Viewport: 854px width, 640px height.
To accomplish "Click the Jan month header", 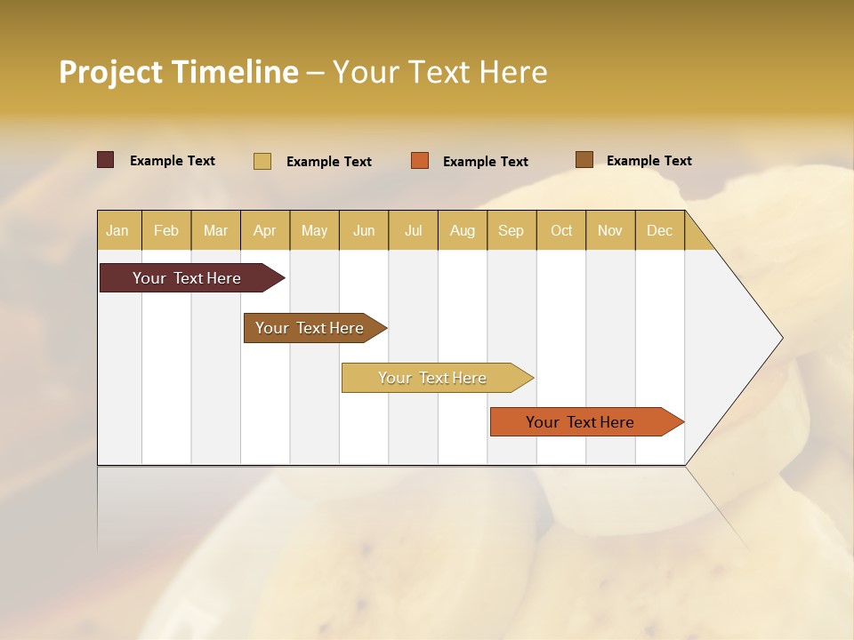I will pyautogui.click(x=118, y=230).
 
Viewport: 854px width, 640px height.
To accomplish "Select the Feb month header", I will pyautogui.click(x=166, y=230).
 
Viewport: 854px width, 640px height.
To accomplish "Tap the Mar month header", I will pyautogui.click(x=215, y=230).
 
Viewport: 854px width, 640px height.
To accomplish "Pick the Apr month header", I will pyautogui.click(x=265, y=230).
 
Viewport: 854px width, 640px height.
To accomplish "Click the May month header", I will pyautogui.click(x=314, y=230).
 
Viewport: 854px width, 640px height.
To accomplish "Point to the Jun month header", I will pyautogui.click(x=364, y=230).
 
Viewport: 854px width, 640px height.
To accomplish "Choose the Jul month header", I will pyautogui.click(x=413, y=230).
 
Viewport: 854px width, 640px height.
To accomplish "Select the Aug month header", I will pyautogui.click(x=463, y=230).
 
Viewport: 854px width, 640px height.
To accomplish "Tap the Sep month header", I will pyautogui.click(x=512, y=230).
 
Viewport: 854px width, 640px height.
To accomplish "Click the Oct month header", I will pyautogui.click(x=561, y=230).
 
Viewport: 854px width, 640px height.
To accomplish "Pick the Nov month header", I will pyautogui.click(x=610, y=230).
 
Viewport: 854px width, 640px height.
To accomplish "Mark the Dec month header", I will pyautogui.click(x=659, y=230).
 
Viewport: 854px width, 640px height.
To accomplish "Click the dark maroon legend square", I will pyautogui.click(x=106, y=160).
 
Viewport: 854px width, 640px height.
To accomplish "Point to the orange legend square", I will pyautogui.click(x=420, y=161).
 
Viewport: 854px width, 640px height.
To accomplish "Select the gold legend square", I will pyautogui.click(x=262, y=161).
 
